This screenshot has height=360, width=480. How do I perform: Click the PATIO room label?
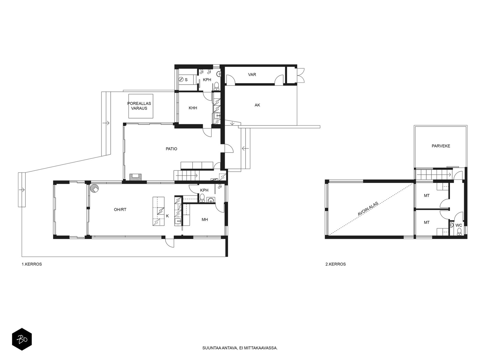coord(171,149)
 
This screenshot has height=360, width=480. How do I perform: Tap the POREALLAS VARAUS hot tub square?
coord(141,106)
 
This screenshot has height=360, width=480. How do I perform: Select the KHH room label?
coord(193,108)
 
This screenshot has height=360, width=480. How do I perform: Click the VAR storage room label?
coord(252,74)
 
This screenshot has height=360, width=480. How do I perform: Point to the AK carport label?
coord(257,105)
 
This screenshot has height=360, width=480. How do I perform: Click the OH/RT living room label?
coord(120,209)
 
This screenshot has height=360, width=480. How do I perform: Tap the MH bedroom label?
coord(205,220)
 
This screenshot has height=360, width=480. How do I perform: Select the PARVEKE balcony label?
coord(441,146)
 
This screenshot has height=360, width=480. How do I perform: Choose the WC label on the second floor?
coord(459,225)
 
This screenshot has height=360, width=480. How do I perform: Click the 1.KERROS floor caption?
coord(32,264)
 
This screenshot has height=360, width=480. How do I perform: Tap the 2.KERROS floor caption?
coord(335,264)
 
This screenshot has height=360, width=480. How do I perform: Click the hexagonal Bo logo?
coord(22,339)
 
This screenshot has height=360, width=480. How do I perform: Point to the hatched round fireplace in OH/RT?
coord(95,188)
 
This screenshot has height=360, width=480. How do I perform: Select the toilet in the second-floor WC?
coord(459,232)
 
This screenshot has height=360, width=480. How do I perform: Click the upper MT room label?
coord(427,196)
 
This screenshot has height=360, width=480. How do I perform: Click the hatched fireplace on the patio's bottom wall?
coord(135,177)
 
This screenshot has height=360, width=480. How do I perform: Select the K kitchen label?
coord(167,216)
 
